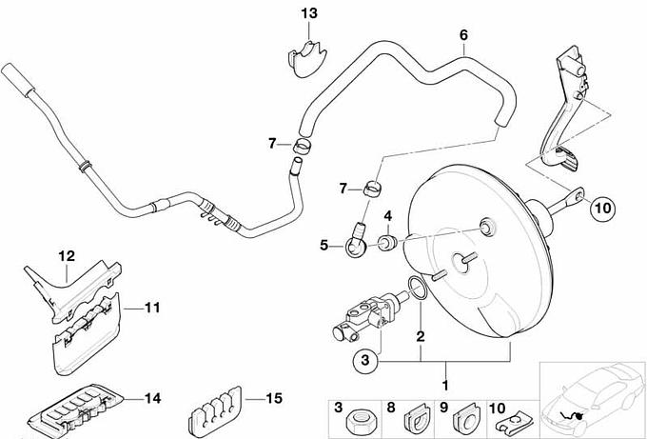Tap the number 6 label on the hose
463,36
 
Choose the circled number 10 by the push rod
603,206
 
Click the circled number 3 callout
363,360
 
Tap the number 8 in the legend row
390,408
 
